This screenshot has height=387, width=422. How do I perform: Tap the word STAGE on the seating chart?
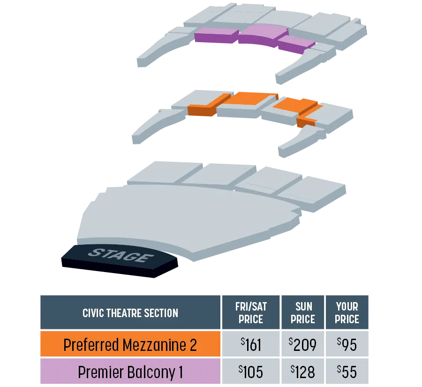121,255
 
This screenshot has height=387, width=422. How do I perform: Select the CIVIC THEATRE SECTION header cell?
130,312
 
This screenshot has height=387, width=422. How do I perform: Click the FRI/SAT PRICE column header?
251,312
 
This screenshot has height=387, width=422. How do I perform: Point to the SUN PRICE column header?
303,312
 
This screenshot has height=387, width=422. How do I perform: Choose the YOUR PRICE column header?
347,312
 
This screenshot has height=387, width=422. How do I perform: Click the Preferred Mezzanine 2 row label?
130,344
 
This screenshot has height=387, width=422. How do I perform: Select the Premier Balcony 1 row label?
130,371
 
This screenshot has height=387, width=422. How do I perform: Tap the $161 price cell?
251,344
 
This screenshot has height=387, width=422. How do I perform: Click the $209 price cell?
303,344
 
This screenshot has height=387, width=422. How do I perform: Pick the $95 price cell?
347,344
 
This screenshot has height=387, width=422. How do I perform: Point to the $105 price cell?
251,371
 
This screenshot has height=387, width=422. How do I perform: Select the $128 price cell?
303,371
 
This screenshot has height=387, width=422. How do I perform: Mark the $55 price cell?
347,371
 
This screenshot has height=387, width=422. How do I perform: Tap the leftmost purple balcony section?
216,35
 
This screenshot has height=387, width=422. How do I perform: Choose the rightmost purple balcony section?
295,44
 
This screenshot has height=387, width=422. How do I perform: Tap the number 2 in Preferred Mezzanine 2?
193,345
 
